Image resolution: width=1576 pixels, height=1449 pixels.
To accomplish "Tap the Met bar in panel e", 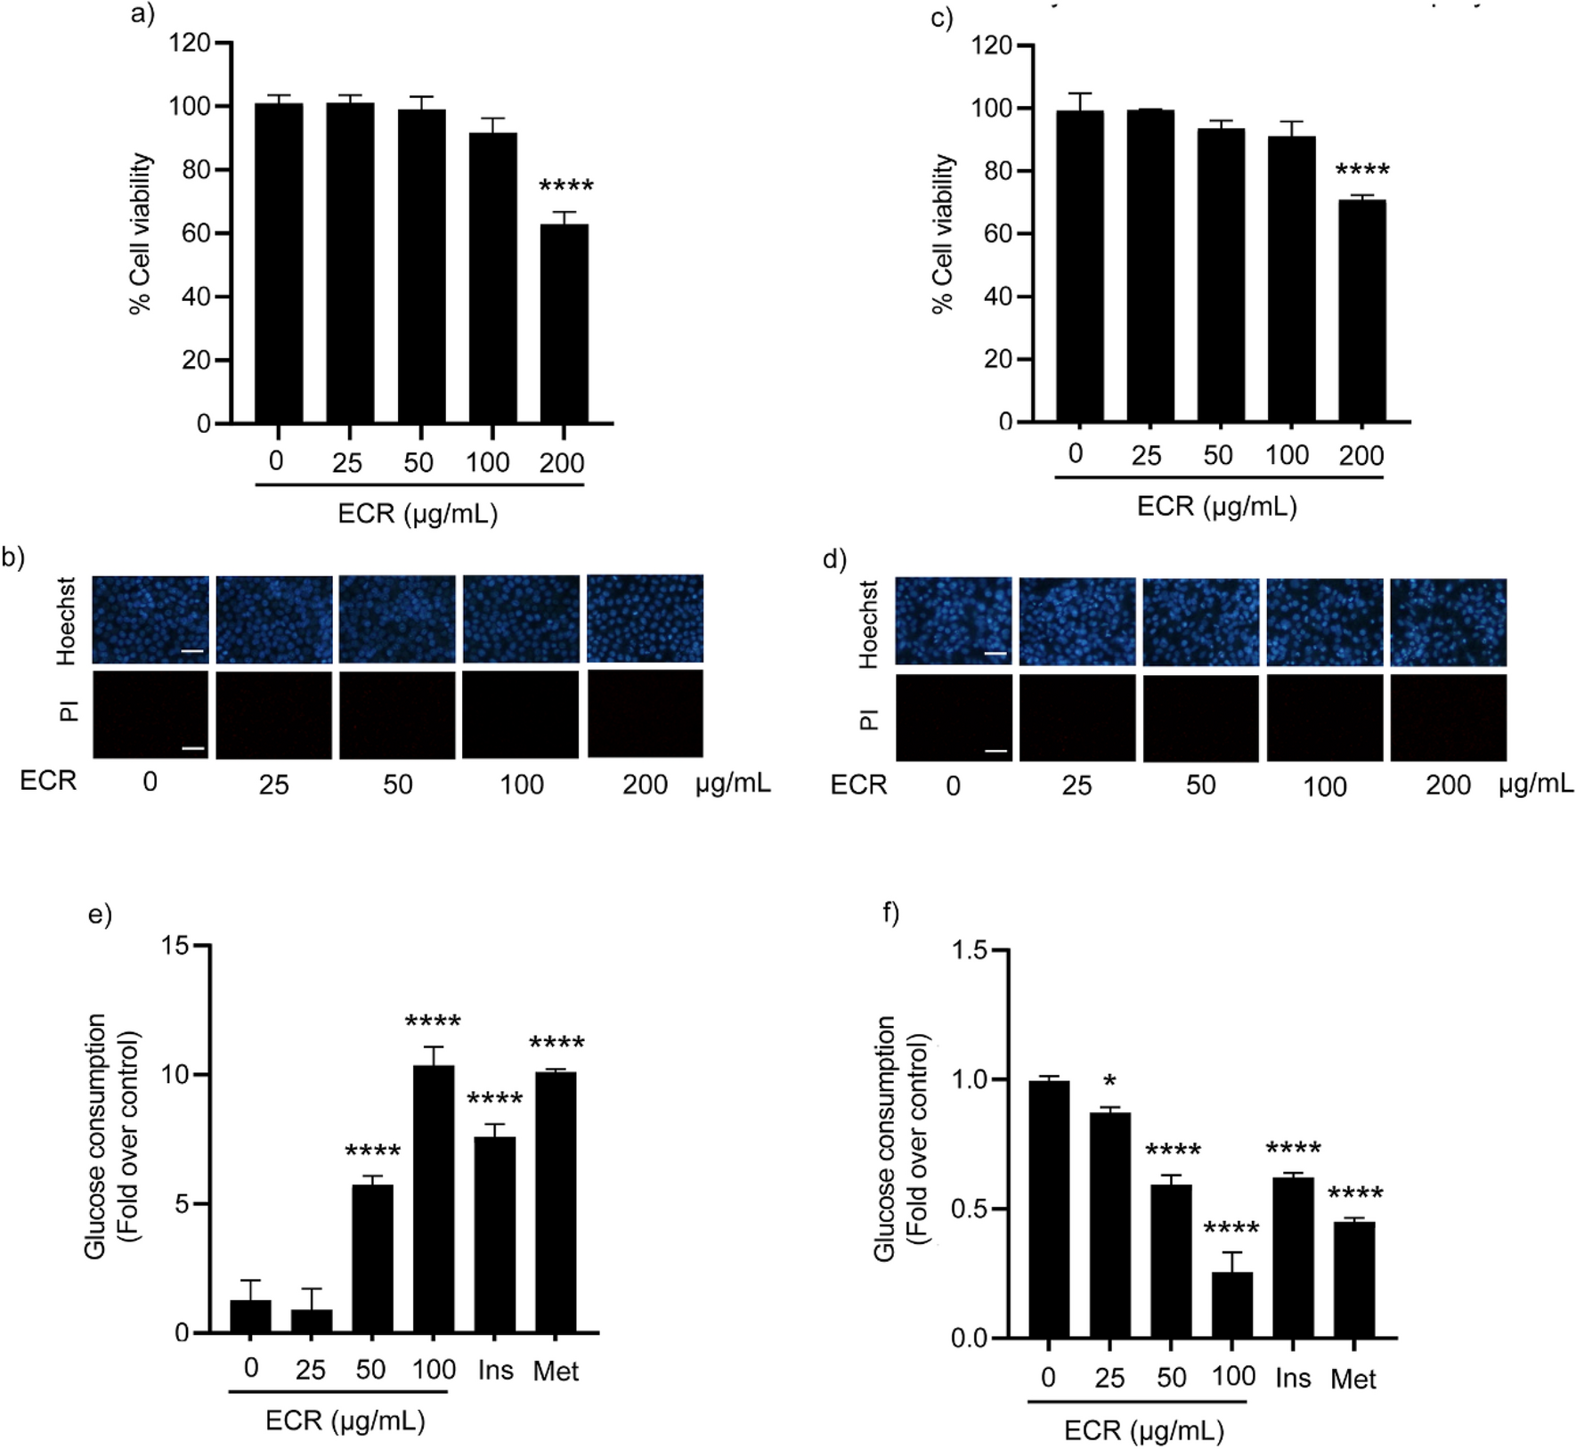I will point(556,1202).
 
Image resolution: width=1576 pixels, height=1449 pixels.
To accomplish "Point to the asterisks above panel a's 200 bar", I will point(566,187).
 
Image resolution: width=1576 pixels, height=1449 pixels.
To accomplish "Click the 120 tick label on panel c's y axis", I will point(992,45).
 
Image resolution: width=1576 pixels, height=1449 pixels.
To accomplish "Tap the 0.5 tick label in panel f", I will point(970,1209).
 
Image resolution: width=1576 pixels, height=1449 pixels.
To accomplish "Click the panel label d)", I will point(834,559).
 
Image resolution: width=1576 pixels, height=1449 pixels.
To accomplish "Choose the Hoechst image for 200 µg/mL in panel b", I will point(645,619).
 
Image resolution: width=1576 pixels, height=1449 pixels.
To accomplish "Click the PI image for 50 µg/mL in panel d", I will point(1200,718).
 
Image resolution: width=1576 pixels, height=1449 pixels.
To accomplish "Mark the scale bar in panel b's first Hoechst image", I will point(192,652).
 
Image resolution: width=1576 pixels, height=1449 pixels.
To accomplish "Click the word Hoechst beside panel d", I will point(868,623).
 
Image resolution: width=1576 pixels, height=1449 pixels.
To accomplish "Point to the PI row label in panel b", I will point(69,712).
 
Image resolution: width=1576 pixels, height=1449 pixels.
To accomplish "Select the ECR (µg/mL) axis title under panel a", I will point(418,514).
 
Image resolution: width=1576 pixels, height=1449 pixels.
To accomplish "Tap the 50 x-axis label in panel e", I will point(371,1369).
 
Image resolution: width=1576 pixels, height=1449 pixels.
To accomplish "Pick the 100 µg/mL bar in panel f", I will point(1232,1305).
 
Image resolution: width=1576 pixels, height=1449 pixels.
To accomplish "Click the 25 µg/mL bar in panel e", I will point(311,1321).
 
